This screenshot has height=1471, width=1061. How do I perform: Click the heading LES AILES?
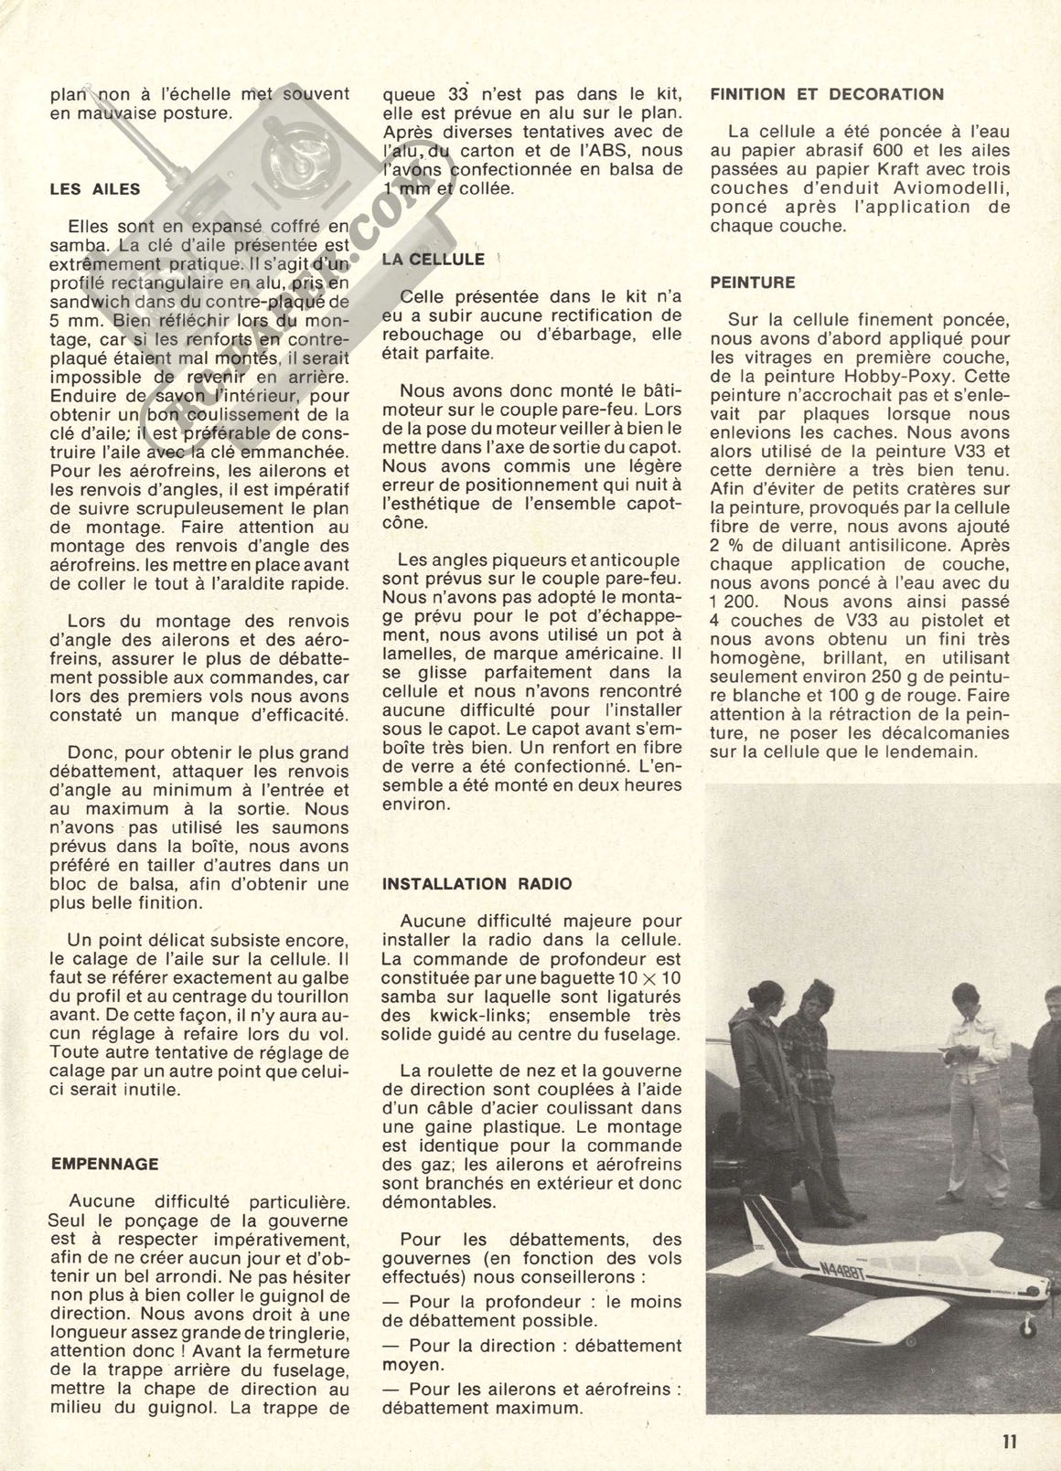click(94, 189)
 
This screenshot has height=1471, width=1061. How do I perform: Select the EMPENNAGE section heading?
click(103, 1164)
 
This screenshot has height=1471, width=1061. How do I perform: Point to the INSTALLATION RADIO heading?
click(477, 883)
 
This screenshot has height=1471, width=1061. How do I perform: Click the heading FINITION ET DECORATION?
click(827, 94)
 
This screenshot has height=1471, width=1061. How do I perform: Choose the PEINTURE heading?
click(752, 282)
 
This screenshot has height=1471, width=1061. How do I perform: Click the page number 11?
click(1009, 1441)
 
